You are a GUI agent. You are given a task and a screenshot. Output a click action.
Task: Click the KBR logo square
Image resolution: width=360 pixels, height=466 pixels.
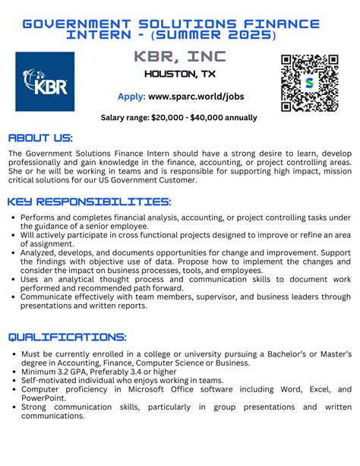45,81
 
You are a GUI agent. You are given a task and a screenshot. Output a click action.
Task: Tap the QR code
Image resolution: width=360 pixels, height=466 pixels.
309,83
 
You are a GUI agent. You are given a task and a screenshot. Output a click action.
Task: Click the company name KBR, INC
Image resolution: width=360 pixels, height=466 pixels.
179,57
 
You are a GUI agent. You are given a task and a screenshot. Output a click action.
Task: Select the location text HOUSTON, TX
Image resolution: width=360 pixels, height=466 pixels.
179,74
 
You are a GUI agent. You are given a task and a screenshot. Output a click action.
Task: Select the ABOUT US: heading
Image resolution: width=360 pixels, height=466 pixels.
40,138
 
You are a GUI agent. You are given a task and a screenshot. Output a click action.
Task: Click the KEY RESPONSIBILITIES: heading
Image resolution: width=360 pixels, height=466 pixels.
90,201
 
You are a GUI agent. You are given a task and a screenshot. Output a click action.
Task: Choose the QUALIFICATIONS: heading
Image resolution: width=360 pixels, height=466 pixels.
67,336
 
